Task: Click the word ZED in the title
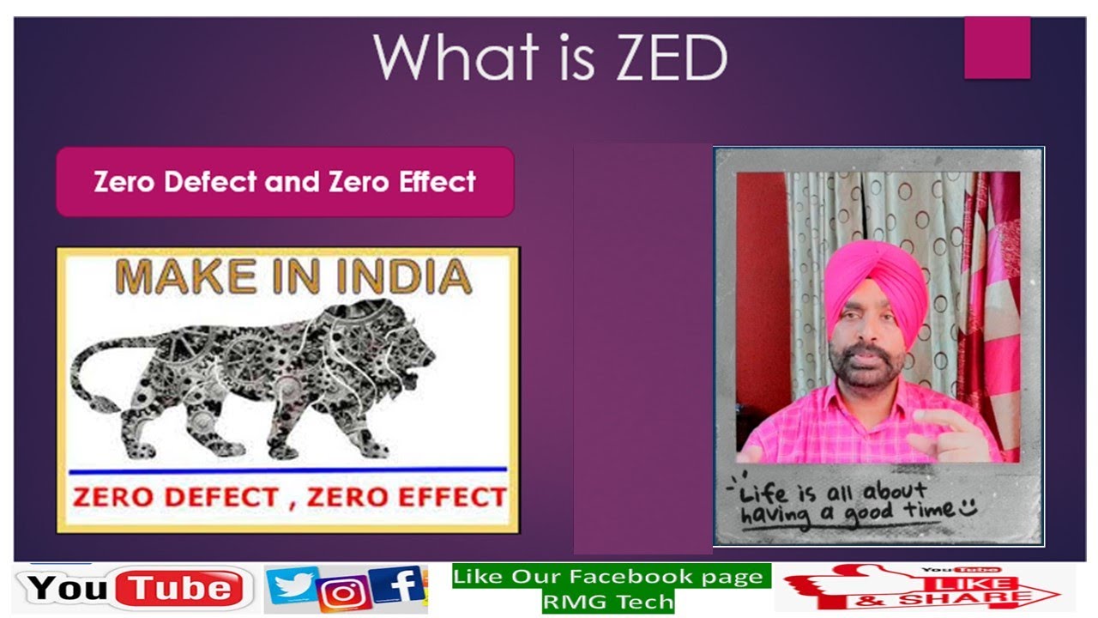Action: [659, 58]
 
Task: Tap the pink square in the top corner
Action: [997, 48]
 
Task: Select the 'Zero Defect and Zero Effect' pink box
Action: [285, 182]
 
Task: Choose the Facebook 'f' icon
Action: [400, 587]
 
